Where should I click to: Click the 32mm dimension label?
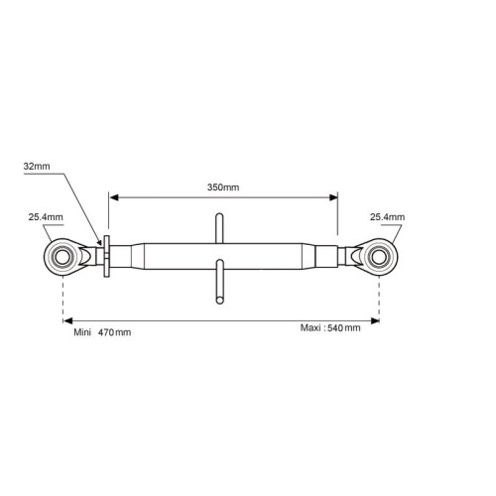[x=37, y=167]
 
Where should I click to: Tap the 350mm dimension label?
[x=223, y=187]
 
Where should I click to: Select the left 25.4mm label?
[x=46, y=217]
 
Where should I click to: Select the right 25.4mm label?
[x=387, y=217]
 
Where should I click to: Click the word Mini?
[x=82, y=332]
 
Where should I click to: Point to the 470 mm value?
[x=114, y=332]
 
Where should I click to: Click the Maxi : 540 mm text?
[x=330, y=328]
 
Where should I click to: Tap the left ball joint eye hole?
[x=62, y=258]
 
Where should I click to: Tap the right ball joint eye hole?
[x=379, y=258]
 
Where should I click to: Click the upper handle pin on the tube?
[x=219, y=228]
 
